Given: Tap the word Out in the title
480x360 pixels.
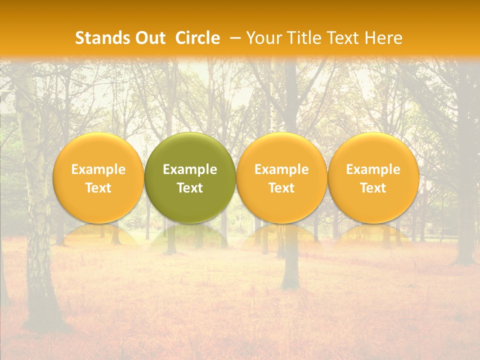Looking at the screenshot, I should pos(149,38).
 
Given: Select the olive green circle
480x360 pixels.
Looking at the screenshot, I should pos(190,150).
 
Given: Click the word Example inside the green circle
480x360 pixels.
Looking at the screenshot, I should pos(190,169).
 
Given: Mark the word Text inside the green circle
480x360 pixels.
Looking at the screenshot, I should pos(190,188).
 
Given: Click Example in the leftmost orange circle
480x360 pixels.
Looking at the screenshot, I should pos(98,169).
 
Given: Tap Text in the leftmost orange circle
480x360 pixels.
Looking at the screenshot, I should pos(98,188).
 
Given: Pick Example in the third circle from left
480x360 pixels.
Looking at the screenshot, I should pos(281,169).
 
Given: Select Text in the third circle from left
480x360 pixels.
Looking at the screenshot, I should pos(281,188).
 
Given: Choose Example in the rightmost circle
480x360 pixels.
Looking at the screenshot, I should pos(373,169).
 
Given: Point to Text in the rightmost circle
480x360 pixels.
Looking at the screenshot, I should pos(373,188).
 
